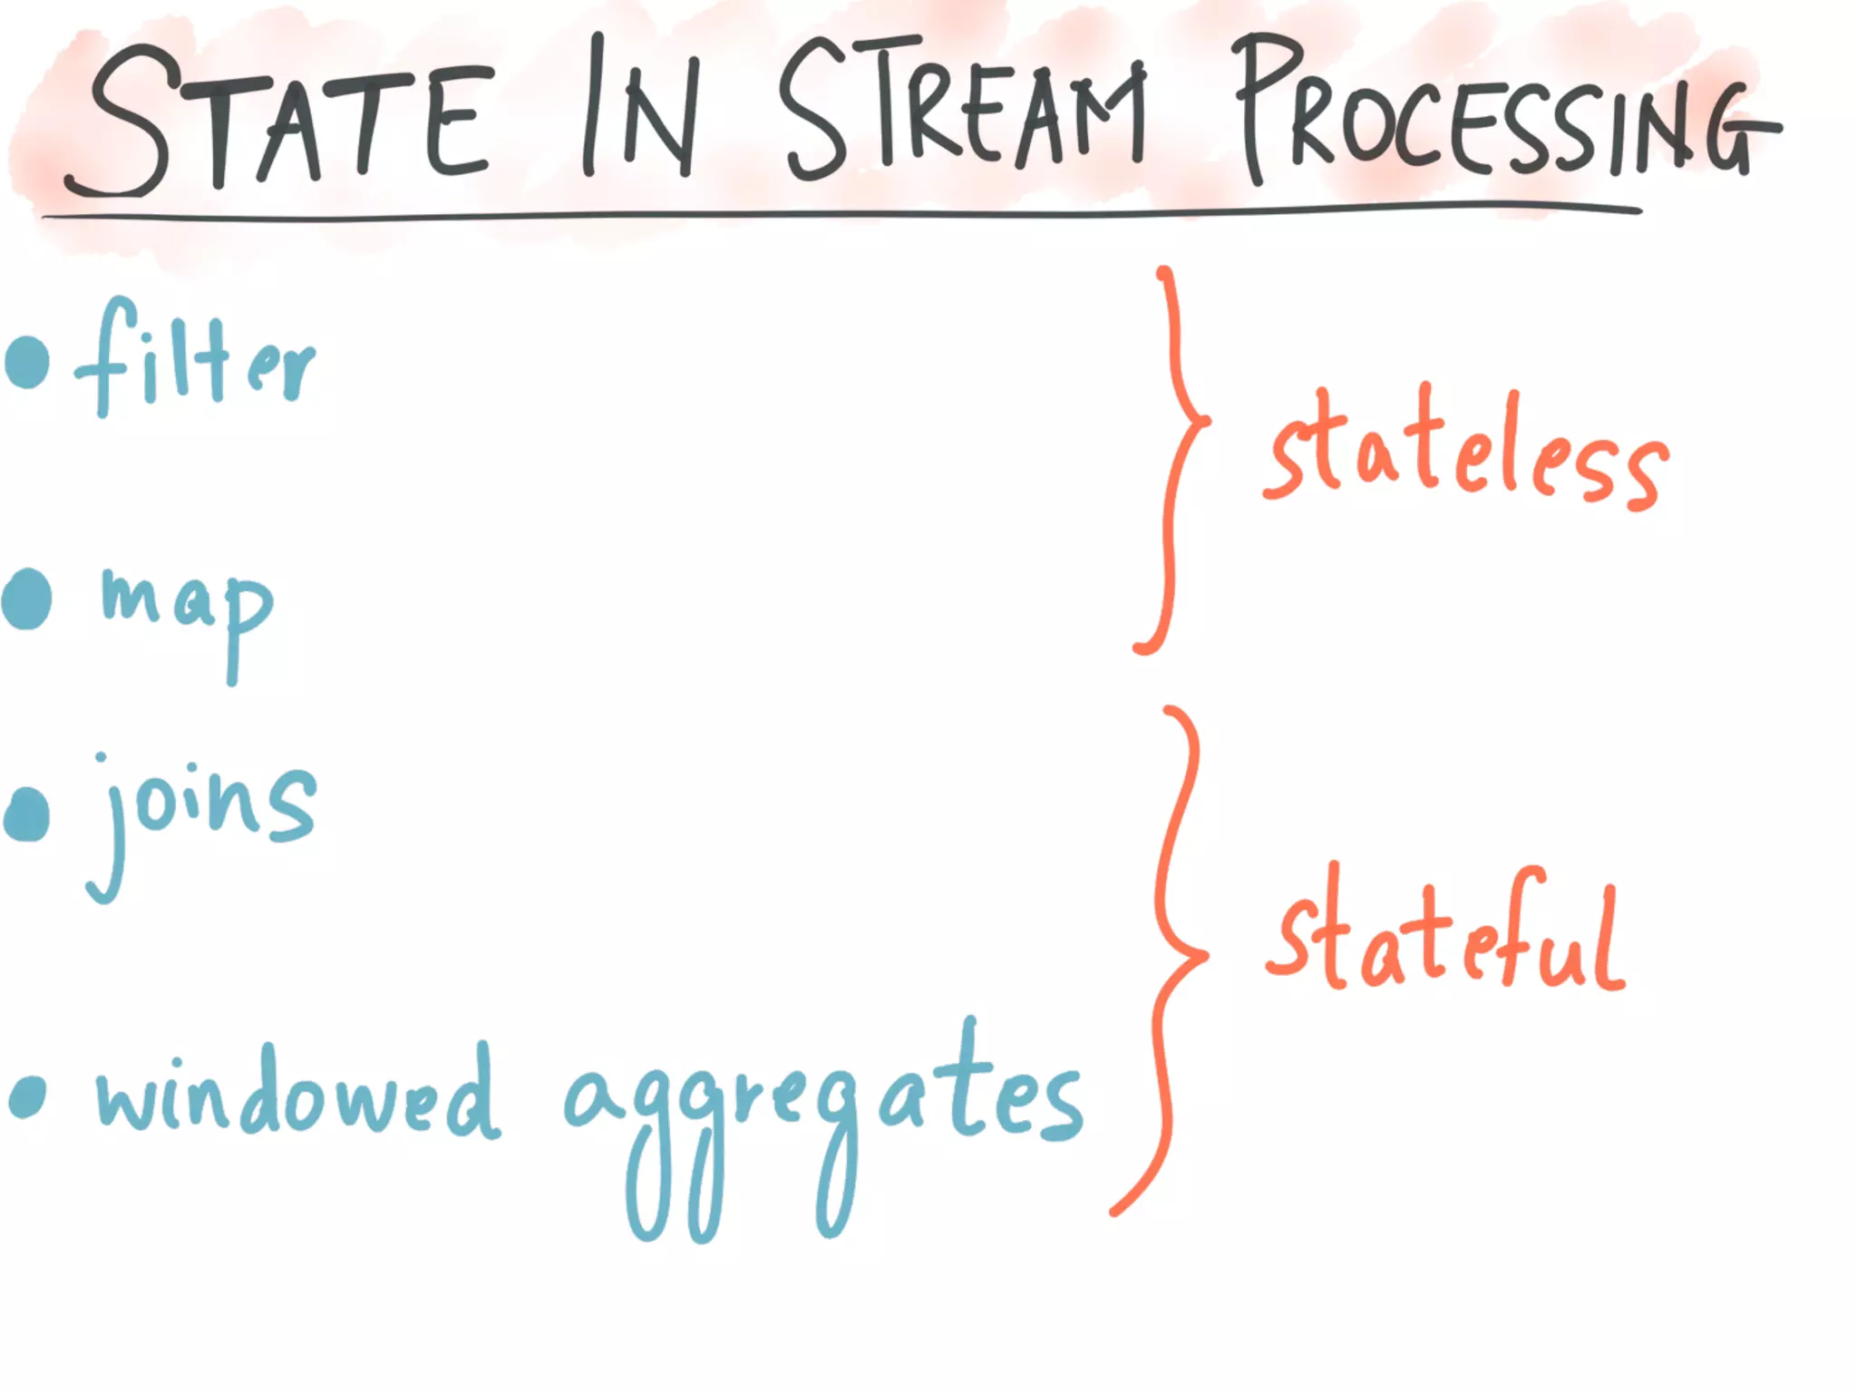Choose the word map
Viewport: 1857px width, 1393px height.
click(186, 608)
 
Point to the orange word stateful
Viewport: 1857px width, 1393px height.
click(1446, 934)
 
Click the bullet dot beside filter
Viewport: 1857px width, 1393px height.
click(27, 362)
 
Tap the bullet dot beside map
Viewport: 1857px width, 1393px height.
click(27, 599)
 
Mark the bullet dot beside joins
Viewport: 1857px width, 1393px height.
click(27, 813)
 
